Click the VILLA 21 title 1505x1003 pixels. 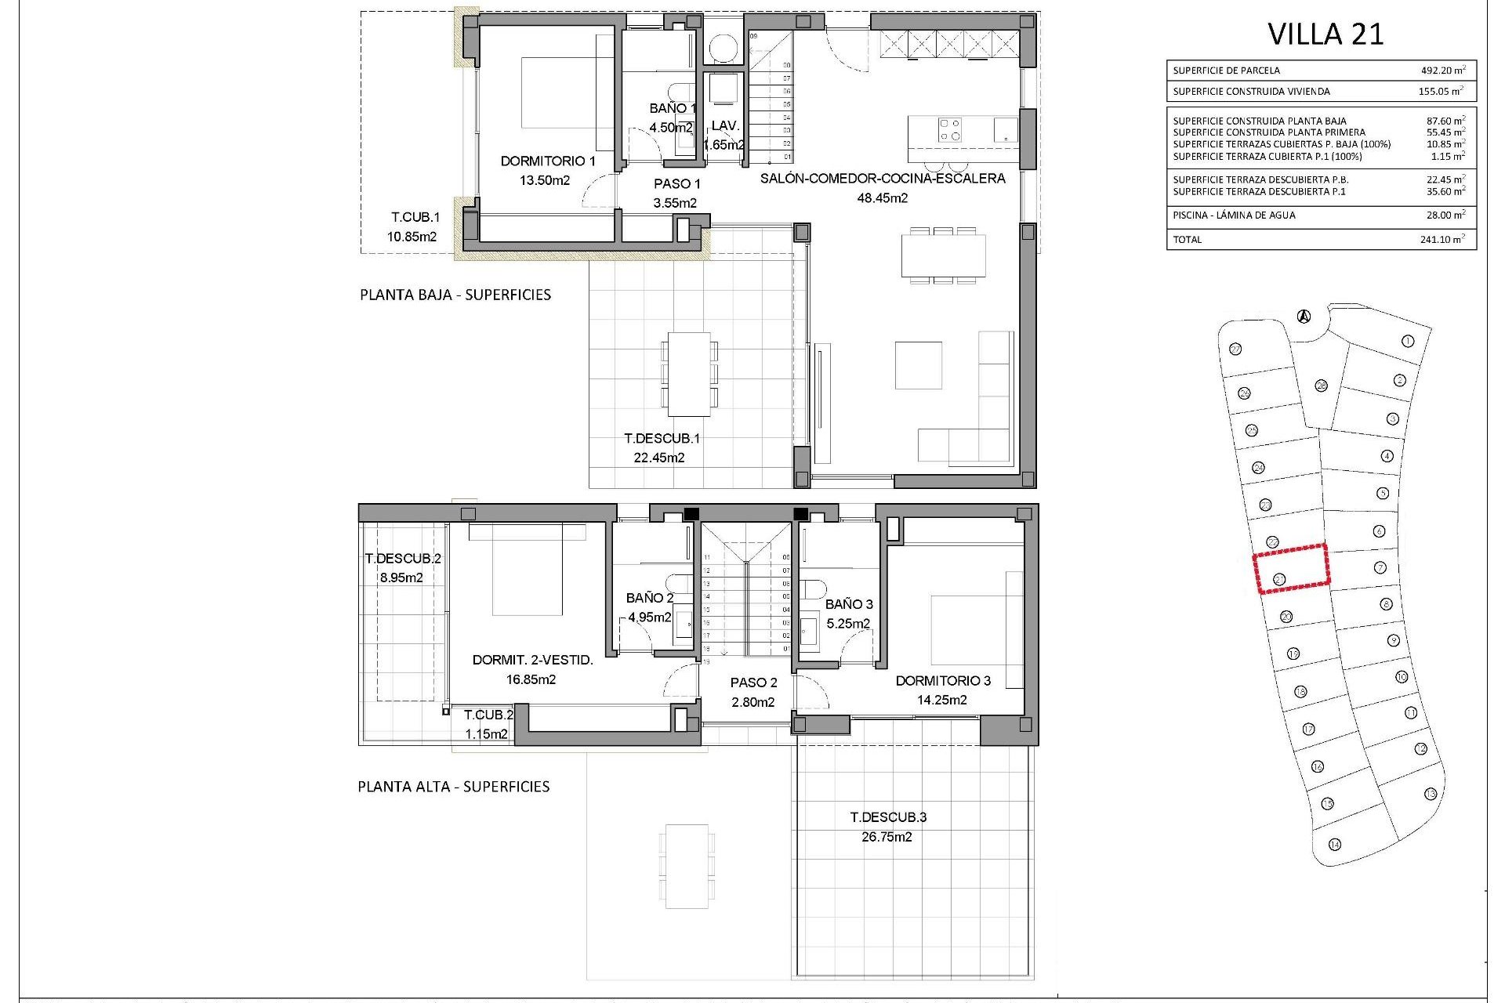tap(1325, 34)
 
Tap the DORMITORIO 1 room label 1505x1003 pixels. tap(548, 161)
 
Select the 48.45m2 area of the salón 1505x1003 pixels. tap(882, 198)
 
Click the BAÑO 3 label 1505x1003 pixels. tap(849, 604)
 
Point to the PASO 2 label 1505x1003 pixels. tap(753, 683)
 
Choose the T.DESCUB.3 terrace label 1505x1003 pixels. tap(888, 817)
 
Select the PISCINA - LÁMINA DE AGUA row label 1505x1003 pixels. tap(1234, 215)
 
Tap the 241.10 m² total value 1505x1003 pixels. tap(1442, 240)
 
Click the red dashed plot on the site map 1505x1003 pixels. tap(1292, 568)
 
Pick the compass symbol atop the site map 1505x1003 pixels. tap(1304, 317)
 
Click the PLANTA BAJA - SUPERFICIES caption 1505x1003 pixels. tap(455, 295)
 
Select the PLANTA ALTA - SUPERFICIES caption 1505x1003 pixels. tap(454, 787)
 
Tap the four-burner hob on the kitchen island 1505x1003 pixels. tap(950, 130)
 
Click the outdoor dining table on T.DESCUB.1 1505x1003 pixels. tap(689, 375)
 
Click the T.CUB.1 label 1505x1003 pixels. tap(415, 217)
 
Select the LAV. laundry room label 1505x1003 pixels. tap(725, 125)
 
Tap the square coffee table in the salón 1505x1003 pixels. tap(919, 364)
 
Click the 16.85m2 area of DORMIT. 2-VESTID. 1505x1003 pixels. tap(531, 679)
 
